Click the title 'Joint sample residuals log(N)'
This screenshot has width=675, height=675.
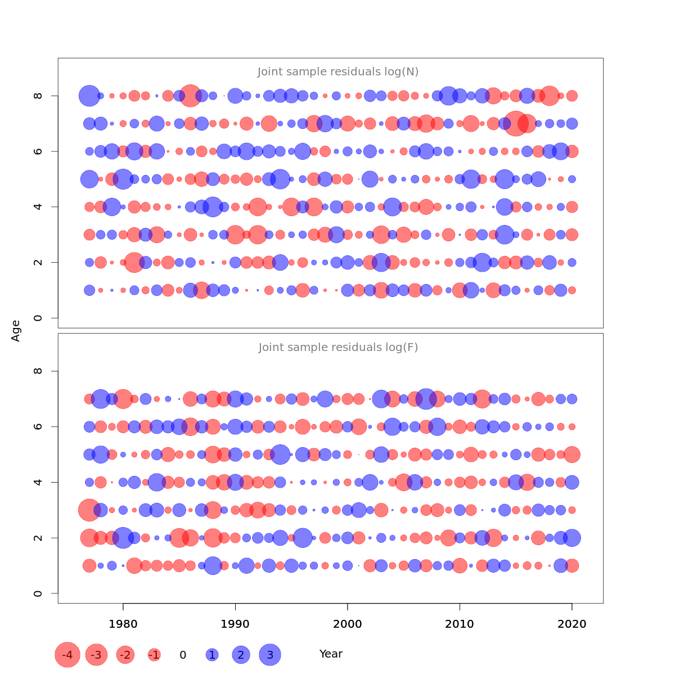coord(338,72)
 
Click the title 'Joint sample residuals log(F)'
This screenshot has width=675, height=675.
coord(338,348)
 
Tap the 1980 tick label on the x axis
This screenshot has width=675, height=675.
coord(123,624)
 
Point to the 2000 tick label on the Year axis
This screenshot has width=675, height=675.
coord(348,624)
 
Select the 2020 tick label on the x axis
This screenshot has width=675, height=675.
coord(572,624)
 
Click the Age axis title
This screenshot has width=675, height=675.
coord(16,331)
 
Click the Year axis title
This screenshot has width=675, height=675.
coord(331,654)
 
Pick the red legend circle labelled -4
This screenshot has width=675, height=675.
coord(67,655)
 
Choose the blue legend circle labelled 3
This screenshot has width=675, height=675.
coord(270,655)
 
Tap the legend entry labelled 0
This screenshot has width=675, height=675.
coord(183,655)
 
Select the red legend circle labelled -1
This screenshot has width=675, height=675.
coord(154,655)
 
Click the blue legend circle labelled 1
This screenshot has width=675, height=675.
coord(212,655)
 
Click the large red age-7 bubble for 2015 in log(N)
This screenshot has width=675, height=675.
coord(516,123)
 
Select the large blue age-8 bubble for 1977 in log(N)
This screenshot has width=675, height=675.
coord(89,96)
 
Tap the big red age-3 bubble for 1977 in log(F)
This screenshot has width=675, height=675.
coord(89,510)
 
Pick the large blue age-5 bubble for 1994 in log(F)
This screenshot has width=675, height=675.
coord(280,454)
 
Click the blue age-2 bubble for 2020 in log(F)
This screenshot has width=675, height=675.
coord(572,538)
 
